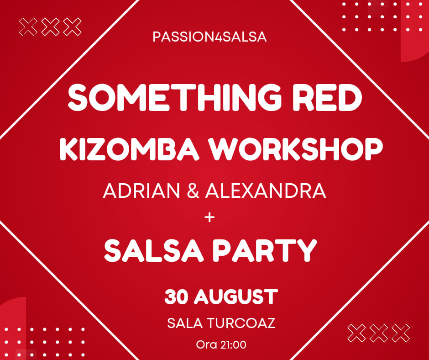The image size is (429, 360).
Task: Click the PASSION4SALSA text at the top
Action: tap(209, 37)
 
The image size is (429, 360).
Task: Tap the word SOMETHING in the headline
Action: tap(174, 97)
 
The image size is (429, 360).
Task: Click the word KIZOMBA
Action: tap(130, 149)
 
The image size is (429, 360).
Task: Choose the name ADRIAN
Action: tap(141, 191)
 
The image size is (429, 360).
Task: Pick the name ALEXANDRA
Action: tap(266, 191)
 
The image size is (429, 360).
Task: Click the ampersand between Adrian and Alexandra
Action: tap(193, 191)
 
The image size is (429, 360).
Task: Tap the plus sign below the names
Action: tap(209, 217)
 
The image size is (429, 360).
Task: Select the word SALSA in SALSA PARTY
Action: tap(154, 250)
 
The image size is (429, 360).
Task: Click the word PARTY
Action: tap(265, 250)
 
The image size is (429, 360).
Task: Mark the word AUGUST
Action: tap(236, 297)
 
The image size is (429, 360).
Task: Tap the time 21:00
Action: tap(233, 344)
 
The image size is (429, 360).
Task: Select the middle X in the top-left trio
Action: tap(50, 27)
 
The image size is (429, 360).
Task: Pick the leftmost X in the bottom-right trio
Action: tap(356, 333)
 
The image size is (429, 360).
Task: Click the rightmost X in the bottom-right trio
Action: tap(401, 333)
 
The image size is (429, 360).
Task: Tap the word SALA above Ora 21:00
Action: tap(185, 323)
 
